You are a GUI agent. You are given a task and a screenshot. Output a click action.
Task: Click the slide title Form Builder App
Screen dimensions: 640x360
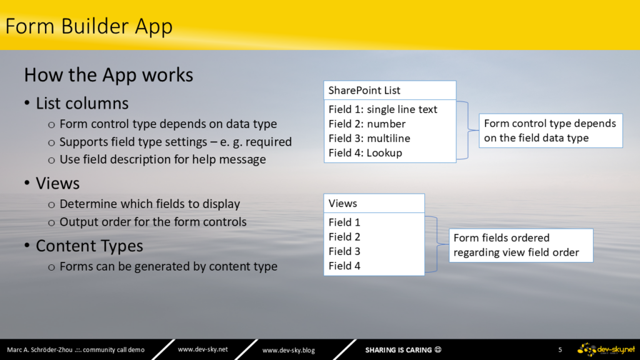click(x=89, y=26)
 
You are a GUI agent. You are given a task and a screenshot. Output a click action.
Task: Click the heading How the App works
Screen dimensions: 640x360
click(x=109, y=75)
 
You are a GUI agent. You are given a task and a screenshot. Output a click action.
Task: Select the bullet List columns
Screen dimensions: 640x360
click(x=82, y=103)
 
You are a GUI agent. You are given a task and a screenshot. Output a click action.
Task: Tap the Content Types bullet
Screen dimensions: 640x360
click(x=89, y=246)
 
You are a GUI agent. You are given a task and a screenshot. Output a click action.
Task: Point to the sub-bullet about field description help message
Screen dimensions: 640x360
click(x=162, y=159)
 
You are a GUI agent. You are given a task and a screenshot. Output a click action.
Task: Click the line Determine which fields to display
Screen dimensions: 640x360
click(x=149, y=204)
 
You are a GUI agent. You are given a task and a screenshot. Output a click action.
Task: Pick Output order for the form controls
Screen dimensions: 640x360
click(x=153, y=222)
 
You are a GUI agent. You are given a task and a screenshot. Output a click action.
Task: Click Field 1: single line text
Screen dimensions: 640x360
click(x=382, y=109)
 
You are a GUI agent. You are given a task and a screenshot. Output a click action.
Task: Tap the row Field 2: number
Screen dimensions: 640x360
click(x=367, y=124)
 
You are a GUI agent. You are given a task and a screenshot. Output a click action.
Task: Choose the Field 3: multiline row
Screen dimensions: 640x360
click(x=369, y=138)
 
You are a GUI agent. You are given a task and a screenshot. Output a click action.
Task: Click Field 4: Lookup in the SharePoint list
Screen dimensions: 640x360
click(x=365, y=152)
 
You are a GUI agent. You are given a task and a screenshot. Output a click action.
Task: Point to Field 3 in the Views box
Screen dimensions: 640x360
click(x=344, y=251)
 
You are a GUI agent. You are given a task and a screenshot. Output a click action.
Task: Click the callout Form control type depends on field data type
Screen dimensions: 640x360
click(x=551, y=131)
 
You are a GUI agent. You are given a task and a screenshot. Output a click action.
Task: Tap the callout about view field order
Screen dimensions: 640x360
click(x=521, y=245)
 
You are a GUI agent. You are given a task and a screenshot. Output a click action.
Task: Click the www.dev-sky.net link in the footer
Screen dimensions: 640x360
click(x=203, y=349)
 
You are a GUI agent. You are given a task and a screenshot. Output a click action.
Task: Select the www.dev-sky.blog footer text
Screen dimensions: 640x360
click(x=289, y=350)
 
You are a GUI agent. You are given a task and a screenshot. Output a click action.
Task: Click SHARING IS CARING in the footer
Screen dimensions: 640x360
click(x=398, y=350)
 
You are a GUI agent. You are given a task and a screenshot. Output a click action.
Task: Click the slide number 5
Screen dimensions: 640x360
click(x=560, y=350)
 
